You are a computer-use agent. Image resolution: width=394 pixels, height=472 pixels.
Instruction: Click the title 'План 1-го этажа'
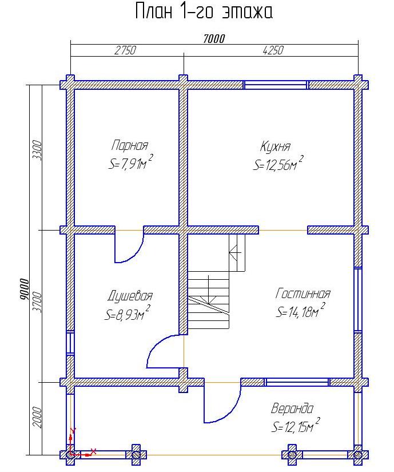204,11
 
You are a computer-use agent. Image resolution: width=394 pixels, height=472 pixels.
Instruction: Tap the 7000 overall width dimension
214,39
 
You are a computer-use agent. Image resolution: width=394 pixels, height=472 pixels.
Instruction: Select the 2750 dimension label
125,50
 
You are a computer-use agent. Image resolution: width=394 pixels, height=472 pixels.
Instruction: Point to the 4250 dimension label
273,50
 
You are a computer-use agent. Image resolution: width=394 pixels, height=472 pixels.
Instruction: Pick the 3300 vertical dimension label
37,150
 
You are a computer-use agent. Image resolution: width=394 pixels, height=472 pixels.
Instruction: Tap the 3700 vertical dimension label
37,302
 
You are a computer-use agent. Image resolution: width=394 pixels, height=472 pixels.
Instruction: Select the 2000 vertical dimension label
37,417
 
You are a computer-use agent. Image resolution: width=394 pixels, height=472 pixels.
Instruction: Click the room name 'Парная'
130,145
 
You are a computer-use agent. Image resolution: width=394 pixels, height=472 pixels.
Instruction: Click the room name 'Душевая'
130,296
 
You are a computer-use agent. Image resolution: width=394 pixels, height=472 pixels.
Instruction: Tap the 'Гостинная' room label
303,293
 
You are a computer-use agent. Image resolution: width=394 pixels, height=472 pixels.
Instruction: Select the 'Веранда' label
292,408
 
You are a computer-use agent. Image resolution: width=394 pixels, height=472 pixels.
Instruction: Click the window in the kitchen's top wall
276,85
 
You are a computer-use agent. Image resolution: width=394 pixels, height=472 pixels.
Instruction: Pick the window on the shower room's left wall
70,343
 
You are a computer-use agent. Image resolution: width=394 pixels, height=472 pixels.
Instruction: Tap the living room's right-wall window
358,300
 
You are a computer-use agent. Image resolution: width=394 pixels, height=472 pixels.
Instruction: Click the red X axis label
93,451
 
